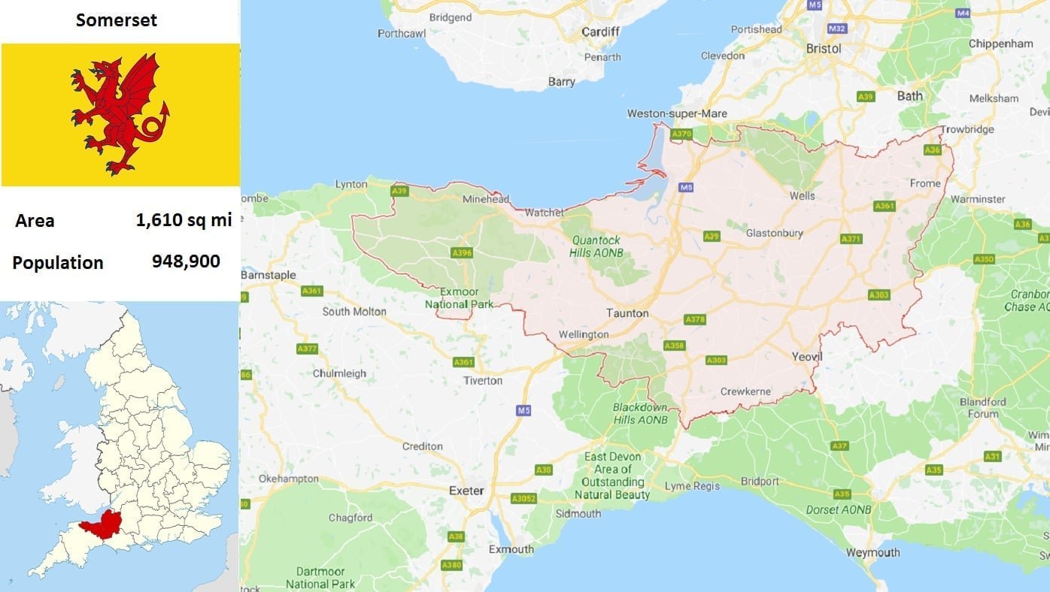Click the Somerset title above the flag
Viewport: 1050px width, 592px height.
(117, 20)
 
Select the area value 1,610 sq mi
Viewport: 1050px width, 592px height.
(184, 220)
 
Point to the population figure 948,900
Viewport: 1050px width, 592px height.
(186, 261)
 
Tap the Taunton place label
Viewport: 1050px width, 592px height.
(627, 313)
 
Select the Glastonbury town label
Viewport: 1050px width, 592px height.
(774, 233)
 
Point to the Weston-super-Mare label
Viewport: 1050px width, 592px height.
(677, 113)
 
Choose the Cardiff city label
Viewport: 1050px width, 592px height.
(600, 32)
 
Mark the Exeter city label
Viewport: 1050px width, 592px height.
(466, 491)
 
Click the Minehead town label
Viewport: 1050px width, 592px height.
(486, 201)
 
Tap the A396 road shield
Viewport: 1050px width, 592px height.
(462, 253)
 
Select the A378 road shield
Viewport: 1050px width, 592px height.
(695, 320)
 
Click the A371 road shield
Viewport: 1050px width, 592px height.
(851, 239)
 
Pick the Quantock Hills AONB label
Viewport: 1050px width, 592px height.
(596, 246)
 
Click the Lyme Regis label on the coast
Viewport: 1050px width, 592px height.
(692, 486)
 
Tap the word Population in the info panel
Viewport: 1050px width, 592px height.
(58, 263)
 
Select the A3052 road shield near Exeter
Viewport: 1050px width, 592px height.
(523, 498)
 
